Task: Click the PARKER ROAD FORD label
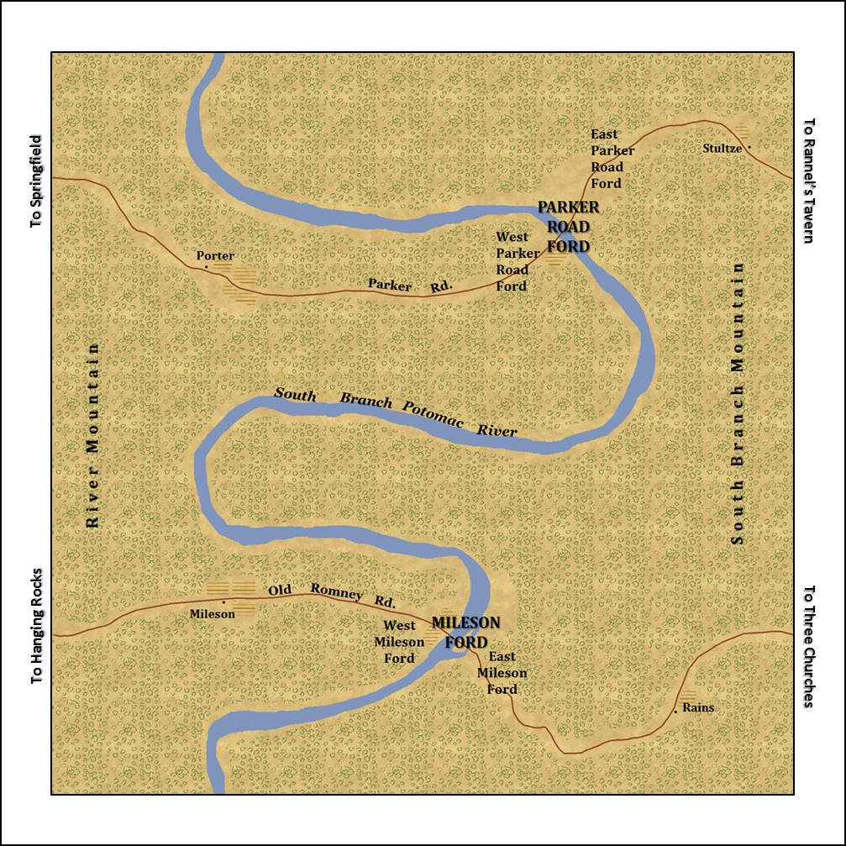pos(569,226)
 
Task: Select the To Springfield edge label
pos(35,181)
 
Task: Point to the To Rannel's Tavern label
pos(809,181)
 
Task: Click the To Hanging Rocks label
pos(36,626)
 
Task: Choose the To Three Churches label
pos(809,646)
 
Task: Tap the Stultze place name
pos(722,149)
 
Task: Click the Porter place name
pos(215,255)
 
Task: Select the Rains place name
pos(698,707)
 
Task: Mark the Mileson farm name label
pos(213,613)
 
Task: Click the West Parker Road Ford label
pos(512,261)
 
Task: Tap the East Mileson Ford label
pos(502,673)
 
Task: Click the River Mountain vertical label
pos(93,435)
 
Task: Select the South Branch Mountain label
pos(738,403)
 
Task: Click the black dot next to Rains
pos(675,712)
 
